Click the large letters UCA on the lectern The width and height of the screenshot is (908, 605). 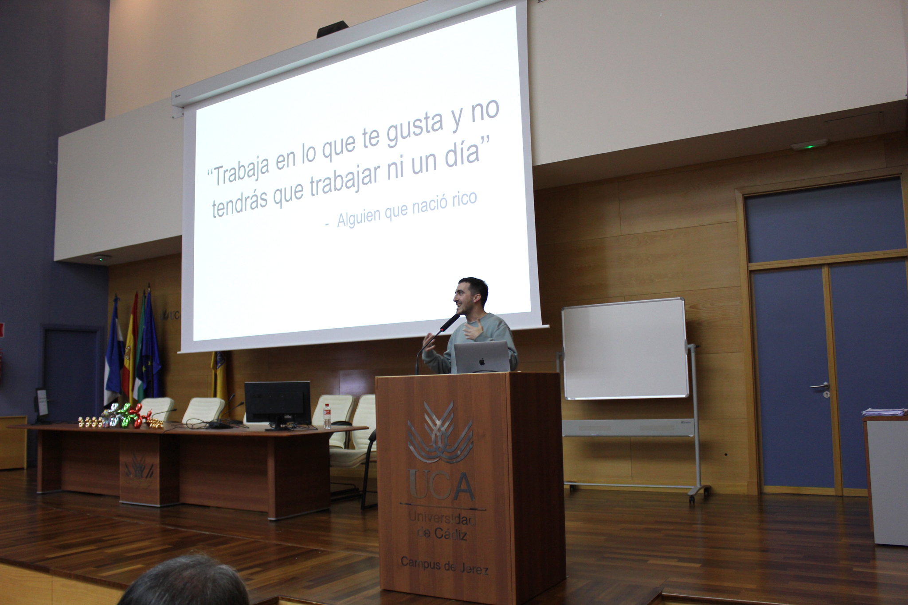tap(441, 485)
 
